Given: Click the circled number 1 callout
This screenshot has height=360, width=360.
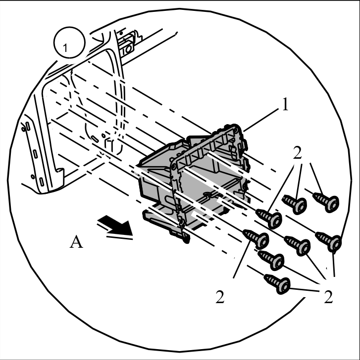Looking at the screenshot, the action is pos(69,43).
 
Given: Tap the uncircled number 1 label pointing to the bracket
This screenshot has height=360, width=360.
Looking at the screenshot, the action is pos(285,104).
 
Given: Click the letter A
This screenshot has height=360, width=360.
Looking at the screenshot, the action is pos(76,241).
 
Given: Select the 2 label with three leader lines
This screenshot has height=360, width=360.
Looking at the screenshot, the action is pos(297,153).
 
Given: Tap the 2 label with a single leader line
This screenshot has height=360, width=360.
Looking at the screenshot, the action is pos(220,297).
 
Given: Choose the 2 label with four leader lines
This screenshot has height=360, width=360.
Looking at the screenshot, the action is pos(328,297).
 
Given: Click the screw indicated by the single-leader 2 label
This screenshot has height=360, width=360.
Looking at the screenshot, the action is pos(256,239).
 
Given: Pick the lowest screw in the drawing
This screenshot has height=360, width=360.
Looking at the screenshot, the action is pos(277,284).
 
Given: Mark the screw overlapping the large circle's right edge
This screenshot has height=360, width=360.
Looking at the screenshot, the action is pos(328,241).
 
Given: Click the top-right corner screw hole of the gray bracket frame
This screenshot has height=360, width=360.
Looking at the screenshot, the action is pos(236,130).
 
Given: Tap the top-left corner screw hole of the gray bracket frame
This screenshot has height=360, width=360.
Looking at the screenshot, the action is pos(174,166).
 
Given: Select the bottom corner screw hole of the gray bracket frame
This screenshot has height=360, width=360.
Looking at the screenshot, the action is pos(181,222).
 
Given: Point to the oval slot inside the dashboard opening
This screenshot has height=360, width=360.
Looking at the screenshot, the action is pos(95,139).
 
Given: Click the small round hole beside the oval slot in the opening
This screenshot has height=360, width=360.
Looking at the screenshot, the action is pos(103,135).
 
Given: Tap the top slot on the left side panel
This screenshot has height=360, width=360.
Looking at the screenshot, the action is pos(28,127).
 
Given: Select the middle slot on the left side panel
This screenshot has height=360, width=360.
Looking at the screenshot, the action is pos(35,154).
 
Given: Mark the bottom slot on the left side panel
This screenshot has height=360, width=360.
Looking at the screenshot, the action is pos(42,181).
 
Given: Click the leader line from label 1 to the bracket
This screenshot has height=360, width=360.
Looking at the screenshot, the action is pos(260,120).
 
